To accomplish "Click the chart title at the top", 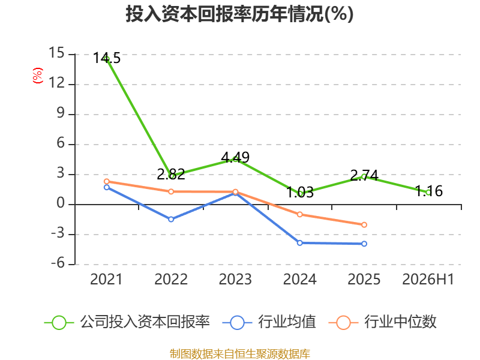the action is [x=239, y=14].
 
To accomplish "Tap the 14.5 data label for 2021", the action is [x=107, y=58].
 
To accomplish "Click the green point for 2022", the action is [x=171, y=176].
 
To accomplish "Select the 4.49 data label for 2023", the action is [x=235, y=157].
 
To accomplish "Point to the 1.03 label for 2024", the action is [x=299, y=193].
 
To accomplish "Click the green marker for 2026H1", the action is [x=428, y=193].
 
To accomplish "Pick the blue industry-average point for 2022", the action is [x=171, y=219].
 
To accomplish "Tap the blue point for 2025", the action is [x=364, y=244].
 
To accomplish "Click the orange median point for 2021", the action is [x=107, y=182].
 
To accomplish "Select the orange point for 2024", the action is [x=299, y=215].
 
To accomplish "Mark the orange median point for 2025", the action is [x=364, y=224].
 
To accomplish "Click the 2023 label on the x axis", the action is [x=235, y=279].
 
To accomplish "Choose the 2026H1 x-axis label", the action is [x=428, y=279].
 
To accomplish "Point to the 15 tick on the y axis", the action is [x=57, y=53].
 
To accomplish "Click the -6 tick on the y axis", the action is [x=58, y=263].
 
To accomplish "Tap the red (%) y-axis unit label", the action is [x=38, y=76].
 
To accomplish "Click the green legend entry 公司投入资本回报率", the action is [x=127, y=322].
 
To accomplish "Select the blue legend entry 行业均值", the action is [x=269, y=322].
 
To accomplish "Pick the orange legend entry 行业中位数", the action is [x=383, y=322].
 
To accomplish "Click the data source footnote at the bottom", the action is [x=240, y=354].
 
